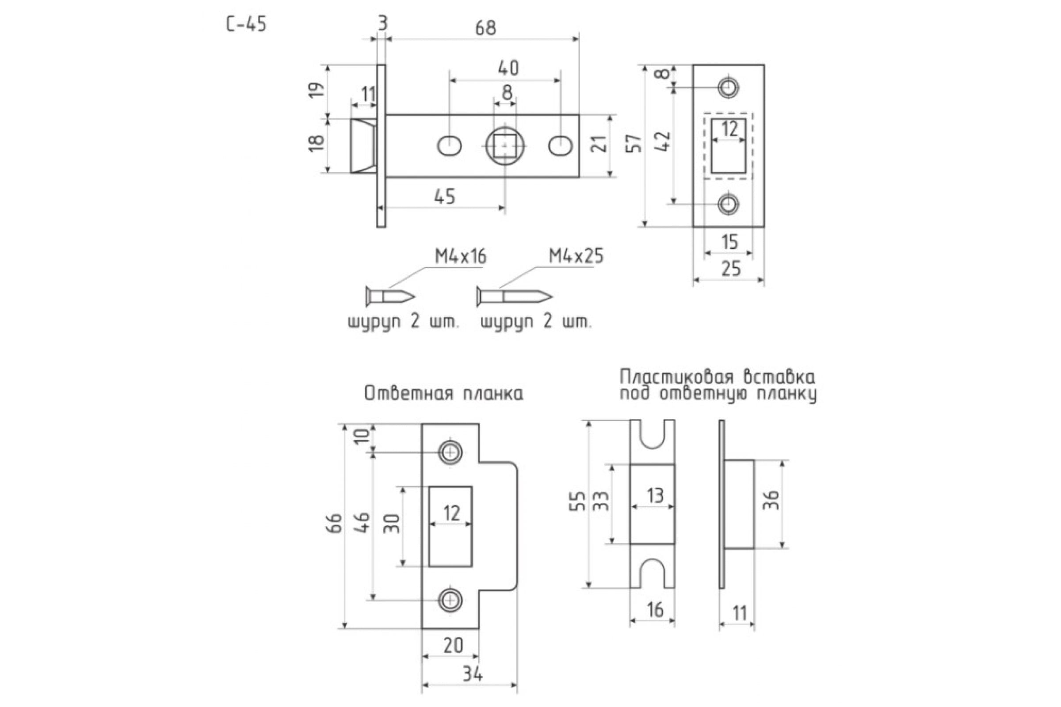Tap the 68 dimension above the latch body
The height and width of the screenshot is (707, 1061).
[x=485, y=28]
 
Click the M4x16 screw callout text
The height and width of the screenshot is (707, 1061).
[x=461, y=257]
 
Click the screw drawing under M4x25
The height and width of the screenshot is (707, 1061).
[x=514, y=296]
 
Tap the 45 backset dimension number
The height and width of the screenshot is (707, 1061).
[x=445, y=197]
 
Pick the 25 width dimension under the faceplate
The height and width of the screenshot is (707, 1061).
[x=731, y=269]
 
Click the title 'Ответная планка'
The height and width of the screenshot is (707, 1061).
[x=444, y=394]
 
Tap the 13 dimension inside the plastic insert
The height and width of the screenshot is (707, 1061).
[x=655, y=495]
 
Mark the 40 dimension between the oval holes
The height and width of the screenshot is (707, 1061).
[x=508, y=68]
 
